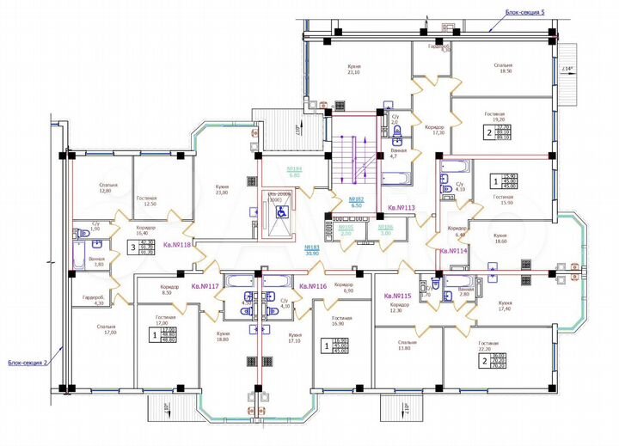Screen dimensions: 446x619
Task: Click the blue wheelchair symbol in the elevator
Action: click(x=280, y=211)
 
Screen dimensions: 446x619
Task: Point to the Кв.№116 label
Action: click(x=315, y=285)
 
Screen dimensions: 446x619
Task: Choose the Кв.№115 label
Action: click(x=399, y=295)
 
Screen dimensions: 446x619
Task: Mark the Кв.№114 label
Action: click(x=453, y=251)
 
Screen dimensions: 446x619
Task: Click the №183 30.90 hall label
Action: click(x=312, y=250)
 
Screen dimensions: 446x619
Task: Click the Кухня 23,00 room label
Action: click(x=222, y=189)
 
